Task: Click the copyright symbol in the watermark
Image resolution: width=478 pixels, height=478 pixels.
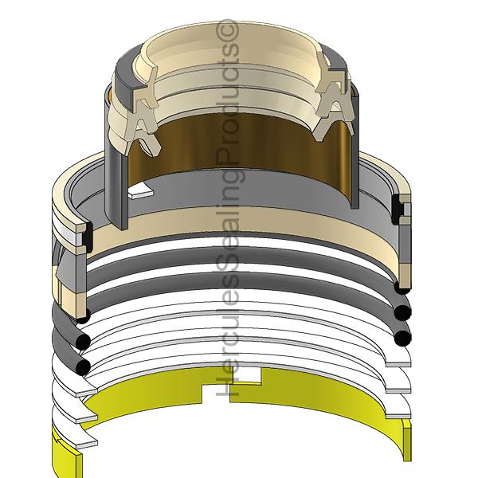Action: pos(227,30)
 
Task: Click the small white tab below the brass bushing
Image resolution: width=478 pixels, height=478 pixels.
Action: pos(141,190)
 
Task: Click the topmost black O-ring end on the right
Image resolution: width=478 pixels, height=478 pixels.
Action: pos(402,287)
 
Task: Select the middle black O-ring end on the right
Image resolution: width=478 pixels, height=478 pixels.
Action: pos(402,312)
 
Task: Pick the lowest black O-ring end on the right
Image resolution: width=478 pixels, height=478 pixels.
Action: pos(402,338)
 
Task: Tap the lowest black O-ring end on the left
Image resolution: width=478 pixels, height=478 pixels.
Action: pos(82,367)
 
